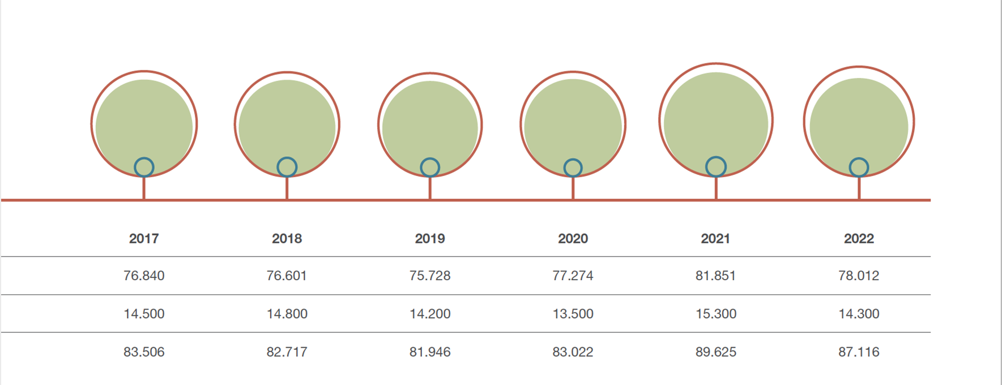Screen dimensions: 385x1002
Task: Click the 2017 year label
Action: pos(144,238)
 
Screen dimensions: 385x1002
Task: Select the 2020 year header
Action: pos(573,238)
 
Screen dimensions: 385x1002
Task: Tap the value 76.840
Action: pos(144,276)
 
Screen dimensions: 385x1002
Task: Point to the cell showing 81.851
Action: pos(715,276)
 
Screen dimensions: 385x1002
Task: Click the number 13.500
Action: pos(573,314)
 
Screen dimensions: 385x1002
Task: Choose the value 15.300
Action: pos(716,314)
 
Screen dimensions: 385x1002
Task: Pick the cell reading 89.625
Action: pos(716,352)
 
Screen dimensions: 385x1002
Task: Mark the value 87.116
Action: pos(859,352)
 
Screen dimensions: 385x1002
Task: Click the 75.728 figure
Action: pos(430,276)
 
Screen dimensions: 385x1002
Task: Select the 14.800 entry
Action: pos(287,314)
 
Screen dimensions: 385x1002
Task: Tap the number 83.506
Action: pos(144,352)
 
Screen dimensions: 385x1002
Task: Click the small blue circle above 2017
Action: pos(144,167)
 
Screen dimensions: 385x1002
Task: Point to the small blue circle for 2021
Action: pos(716,166)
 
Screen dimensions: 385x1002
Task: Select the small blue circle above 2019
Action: pos(430,167)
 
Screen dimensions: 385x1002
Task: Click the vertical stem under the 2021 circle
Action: pos(716,188)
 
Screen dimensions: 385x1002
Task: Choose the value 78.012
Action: pos(859,276)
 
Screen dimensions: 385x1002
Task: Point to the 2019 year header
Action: pos(430,238)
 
